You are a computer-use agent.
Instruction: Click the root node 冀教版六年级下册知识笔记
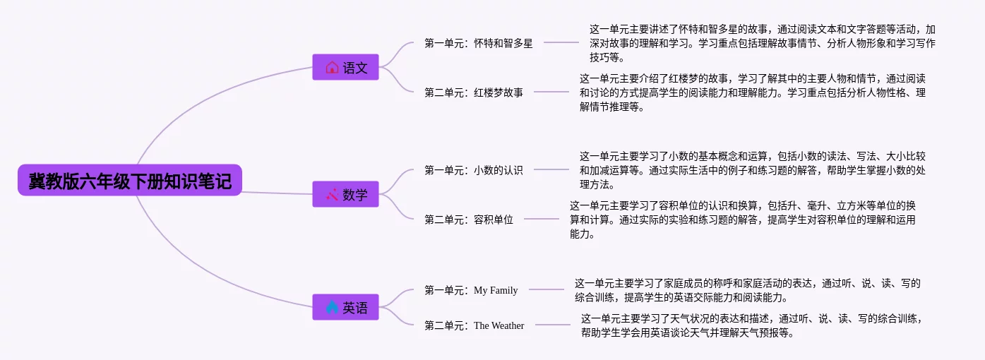(x=130, y=180)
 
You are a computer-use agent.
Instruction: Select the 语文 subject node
(x=345, y=67)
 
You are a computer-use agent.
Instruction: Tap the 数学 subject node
(x=345, y=194)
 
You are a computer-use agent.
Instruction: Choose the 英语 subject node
(x=345, y=307)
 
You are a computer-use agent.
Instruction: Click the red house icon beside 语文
(x=332, y=67)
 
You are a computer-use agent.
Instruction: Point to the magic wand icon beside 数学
(x=332, y=194)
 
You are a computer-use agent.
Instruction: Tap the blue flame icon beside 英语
(x=332, y=307)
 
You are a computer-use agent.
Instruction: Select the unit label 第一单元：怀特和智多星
(x=479, y=43)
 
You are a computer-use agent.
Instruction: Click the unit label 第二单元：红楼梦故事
(x=474, y=92)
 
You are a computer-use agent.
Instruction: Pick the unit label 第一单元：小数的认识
(x=474, y=170)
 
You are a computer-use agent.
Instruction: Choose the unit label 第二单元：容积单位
(x=469, y=220)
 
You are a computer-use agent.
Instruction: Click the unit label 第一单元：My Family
(x=471, y=290)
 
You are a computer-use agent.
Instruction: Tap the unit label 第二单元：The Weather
(x=474, y=325)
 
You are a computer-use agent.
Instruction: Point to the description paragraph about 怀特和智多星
(x=763, y=43)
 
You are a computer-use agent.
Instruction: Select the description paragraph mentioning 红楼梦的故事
(x=753, y=92)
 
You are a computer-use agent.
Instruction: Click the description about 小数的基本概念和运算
(x=753, y=170)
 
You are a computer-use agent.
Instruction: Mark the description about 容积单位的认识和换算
(x=743, y=220)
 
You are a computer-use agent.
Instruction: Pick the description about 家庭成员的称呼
(x=748, y=290)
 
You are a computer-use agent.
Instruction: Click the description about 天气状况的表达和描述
(x=753, y=325)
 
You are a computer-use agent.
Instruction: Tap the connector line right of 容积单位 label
(x=542, y=218)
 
